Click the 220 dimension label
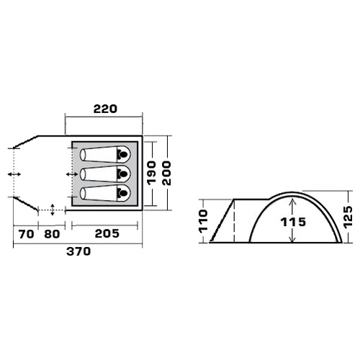105,109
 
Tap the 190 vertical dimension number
151,173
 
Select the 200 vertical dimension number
166,173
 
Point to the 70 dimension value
26,234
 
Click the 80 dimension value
52,234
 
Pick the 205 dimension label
107,233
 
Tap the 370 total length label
78,251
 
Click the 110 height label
203,221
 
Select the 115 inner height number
293,222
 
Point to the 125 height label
348,217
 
